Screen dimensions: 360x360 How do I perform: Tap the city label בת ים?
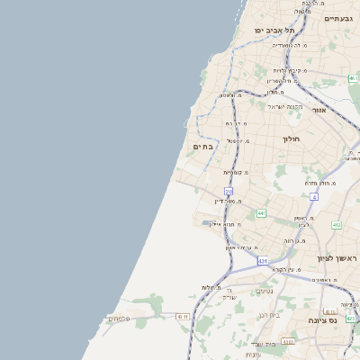pos(202,146)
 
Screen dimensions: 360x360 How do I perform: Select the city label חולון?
pos(291,139)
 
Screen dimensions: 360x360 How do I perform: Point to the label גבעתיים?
pos(337,18)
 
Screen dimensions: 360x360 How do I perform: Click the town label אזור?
pos(319,110)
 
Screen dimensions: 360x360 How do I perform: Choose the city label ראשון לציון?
pos(337,259)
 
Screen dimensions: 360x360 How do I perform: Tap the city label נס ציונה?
pos(322,319)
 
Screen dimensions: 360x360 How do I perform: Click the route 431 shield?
pos(262,261)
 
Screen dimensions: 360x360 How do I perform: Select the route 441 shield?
pos(261,213)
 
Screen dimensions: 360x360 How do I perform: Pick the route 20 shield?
pos(229,192)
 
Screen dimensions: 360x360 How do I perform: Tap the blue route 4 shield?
pos(313,196)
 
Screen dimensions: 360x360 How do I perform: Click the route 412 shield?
pos(336,226)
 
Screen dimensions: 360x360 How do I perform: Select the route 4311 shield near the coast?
pos(183,317)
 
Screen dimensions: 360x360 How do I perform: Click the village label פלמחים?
pos(119,318)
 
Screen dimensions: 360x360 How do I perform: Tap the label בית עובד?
pos(263,344)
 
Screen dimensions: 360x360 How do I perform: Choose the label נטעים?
pos(265,290)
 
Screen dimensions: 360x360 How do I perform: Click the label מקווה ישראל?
pos(282,106)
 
